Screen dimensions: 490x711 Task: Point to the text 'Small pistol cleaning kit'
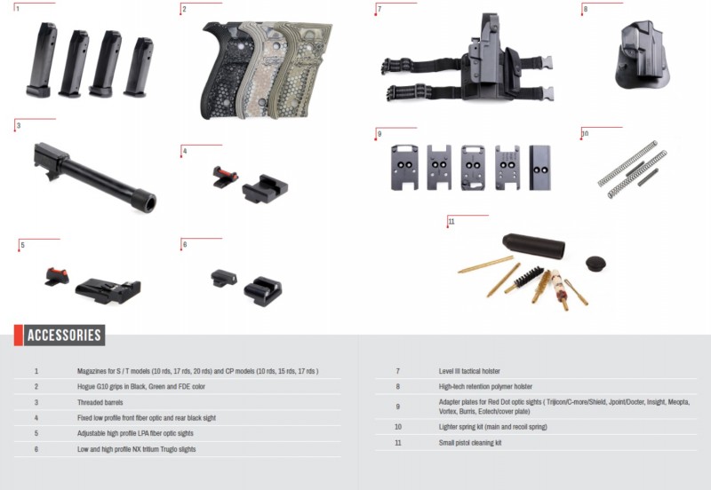[x=475, y=442]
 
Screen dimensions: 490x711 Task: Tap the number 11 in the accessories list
[x=398, y=442]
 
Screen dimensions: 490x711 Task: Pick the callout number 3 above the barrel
[x=18, y=127]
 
